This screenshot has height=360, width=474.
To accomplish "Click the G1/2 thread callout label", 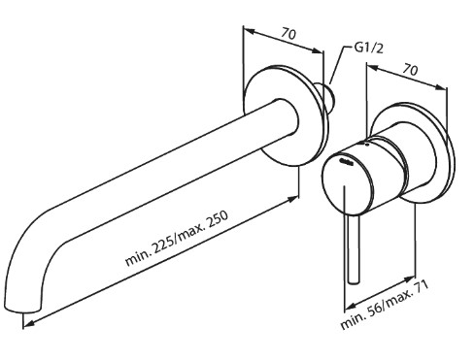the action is [x=368, y=49].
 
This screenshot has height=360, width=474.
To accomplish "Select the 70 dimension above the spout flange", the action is [x=288, y=33].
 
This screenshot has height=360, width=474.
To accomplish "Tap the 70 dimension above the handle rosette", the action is [x=410, y=69].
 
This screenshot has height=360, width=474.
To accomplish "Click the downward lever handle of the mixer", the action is [x=353, y=236].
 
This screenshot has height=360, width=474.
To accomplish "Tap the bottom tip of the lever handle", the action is [x=353, y=284].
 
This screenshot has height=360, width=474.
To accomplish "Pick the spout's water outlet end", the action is [x=23, y=311].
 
